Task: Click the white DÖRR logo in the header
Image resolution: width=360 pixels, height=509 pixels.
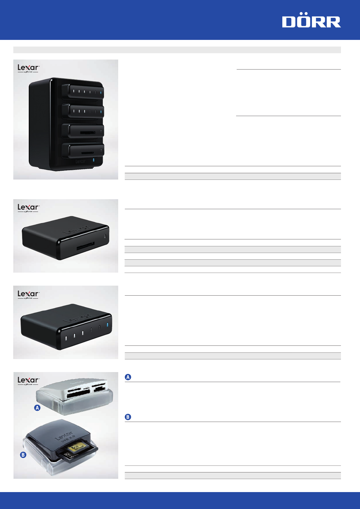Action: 311,22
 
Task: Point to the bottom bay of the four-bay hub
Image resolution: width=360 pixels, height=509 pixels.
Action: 83,150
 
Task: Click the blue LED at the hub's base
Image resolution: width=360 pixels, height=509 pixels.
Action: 94,160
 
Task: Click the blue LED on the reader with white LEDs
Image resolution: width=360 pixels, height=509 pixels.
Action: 107,325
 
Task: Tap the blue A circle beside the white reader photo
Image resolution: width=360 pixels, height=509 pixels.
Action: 37,408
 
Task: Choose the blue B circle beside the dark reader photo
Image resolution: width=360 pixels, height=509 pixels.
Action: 23,455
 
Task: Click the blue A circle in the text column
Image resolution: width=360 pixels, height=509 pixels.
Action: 128,377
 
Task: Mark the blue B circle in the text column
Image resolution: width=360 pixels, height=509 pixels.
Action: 128,417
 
